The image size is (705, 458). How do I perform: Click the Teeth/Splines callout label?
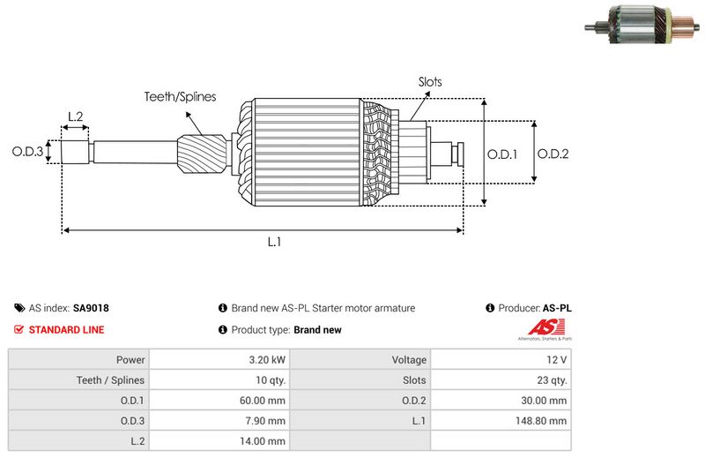pyautogui.click(x=180, y=97)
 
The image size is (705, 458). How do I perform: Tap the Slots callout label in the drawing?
pyautogui.click(x=430, y=82)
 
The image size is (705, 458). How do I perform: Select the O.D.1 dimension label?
pyautogui.click(x=502, y=154)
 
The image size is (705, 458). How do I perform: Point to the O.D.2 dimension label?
pyautogui.click(x=553, y=154)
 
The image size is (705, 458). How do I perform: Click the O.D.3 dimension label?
pyautogui.click(x=27, y=152)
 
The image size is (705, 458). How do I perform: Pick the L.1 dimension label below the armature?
pyautogui.click(x=274, y=242)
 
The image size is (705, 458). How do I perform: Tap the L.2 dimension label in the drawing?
pyautogui.click(x=75, y=116)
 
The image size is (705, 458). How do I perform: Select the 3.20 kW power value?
pyautogui.click(x=266, y=360)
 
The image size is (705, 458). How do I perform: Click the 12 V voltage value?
pyautogui.click(x=557, y=360)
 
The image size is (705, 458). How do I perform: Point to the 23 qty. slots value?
pyautogui.click(x=548, y=380)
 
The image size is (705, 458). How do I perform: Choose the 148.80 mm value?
pyautogui.click(x=543, y=421)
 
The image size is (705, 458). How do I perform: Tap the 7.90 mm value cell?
pyautogui.click(x=266, y=421)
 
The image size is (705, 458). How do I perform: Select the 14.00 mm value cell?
pyautogui.click(x=264, y=441)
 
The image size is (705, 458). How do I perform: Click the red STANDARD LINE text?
pyautogui.click(x=66, y=330)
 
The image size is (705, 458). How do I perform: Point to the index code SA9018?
pyautogui.click(x=91, y=309)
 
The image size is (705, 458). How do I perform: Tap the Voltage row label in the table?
pyautogui.click(x=409, y=360)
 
